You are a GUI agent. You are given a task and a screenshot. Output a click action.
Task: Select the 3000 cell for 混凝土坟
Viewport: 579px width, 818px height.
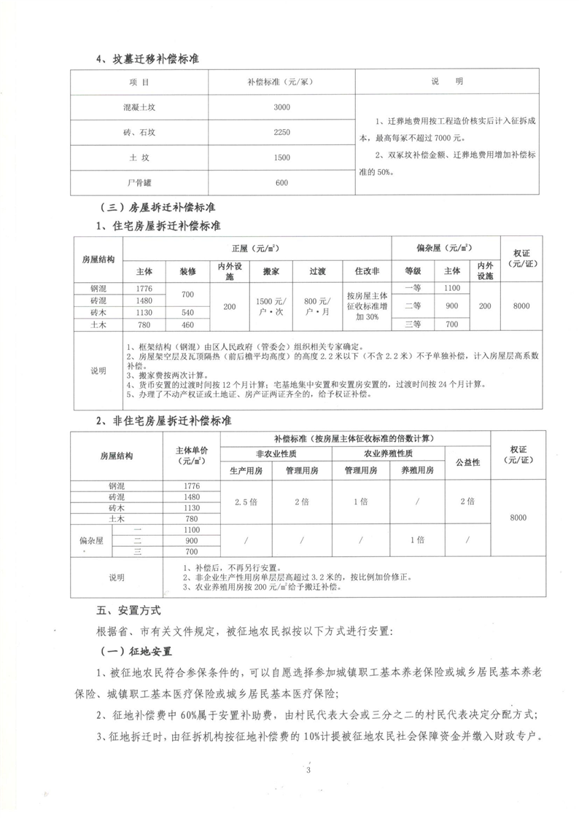282,107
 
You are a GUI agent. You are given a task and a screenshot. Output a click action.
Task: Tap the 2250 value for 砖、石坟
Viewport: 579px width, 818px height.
282,132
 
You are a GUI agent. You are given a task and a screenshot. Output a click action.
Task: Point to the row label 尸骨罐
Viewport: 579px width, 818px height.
139,182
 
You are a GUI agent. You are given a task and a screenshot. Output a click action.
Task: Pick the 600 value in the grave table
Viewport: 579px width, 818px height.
282,182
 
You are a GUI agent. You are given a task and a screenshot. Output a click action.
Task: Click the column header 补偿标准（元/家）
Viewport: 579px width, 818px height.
282,81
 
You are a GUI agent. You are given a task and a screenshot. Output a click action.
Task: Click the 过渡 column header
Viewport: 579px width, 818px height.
317,270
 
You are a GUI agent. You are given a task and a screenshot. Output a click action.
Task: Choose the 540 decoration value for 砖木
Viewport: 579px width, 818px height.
187,313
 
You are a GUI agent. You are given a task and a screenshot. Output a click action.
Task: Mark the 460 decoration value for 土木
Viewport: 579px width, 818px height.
187,324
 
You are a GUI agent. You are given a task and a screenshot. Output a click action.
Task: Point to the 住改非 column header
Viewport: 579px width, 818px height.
368,270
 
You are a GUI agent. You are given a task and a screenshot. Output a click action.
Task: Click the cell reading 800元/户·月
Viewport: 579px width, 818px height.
317,306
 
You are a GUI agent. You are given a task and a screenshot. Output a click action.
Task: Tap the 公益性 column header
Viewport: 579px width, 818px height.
467,463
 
